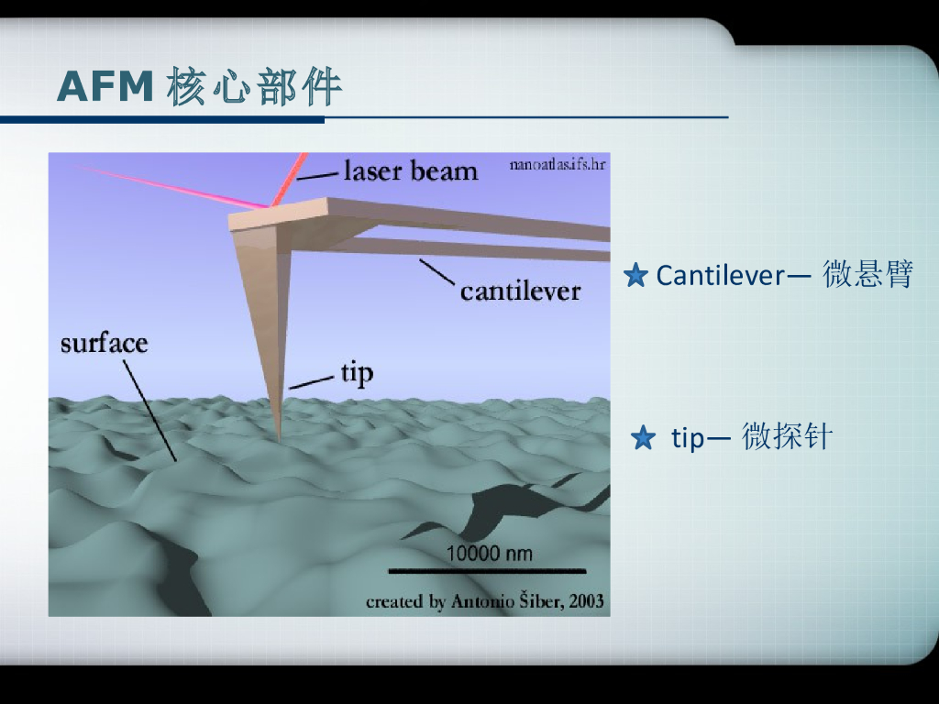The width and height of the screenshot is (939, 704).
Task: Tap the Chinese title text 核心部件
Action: coord(254,87)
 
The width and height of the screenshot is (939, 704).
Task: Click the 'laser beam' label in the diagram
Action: coord(410,170)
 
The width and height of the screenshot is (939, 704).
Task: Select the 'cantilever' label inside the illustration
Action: coord(520,291)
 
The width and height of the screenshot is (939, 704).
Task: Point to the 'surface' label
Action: coord(104,344)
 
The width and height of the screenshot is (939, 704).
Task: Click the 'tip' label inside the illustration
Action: coord(357,373)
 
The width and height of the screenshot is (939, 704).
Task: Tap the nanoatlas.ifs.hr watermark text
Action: coord(557,165)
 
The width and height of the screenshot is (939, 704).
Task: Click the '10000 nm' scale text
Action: coord(489,554)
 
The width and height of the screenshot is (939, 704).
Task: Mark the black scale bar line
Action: coord(486,571)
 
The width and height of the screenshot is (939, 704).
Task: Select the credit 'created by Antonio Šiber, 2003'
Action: coord(484,601)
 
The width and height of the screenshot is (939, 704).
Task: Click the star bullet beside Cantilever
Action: coord(635,275)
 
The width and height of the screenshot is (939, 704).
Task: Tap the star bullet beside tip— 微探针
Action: coord(644,439)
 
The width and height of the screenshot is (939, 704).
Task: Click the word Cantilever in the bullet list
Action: coord(720,275)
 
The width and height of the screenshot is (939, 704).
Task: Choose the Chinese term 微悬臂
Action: coord(867,274)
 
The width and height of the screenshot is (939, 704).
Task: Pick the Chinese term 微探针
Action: coord(786,438)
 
